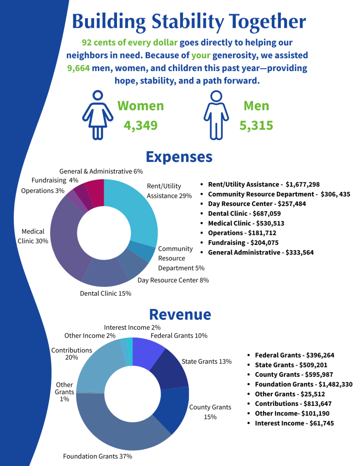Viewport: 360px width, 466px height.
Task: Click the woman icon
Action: click(97, 115)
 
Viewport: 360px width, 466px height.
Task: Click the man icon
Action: click(216, 115)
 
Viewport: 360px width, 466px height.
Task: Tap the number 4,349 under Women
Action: click(141, 126)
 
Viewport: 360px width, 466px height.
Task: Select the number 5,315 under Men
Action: click(256, 126)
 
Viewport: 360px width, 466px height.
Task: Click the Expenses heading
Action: click(179, 157)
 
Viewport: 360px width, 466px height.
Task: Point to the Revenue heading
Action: click(180, 314)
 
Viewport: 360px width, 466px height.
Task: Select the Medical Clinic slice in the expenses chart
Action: click(67, 238)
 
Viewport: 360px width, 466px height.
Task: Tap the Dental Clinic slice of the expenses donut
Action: click(104, 273)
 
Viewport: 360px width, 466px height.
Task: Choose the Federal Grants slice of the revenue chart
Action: click(147, 353)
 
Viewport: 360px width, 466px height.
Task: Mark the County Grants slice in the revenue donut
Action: click(174, 409)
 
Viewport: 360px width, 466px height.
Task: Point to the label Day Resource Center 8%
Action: click(173, 280)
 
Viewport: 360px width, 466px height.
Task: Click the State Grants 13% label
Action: click(207, 362)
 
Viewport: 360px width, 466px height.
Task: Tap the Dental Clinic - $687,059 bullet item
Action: click(244, 214)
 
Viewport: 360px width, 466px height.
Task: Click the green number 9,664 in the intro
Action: click(78, 68)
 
